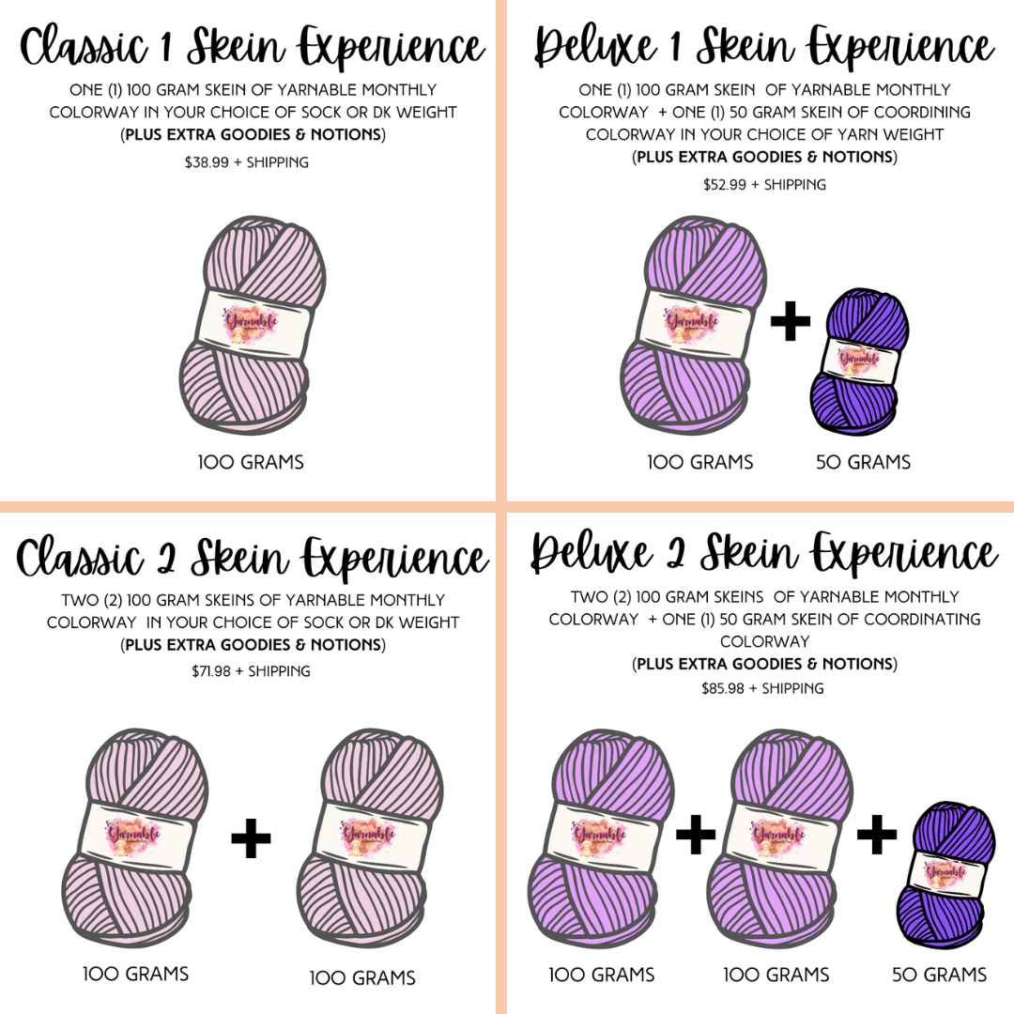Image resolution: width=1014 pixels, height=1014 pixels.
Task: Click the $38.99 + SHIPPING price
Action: point(247,162)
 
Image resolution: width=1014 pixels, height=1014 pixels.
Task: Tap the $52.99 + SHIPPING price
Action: point(764,185)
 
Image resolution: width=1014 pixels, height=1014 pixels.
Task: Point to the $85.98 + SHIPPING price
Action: point(762,688)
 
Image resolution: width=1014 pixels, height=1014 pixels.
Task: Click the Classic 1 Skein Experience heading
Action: point(252,47)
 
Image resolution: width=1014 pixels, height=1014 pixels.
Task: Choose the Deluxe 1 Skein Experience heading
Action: point(764,47)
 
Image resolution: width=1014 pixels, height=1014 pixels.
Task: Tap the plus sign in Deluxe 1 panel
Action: point(790,322)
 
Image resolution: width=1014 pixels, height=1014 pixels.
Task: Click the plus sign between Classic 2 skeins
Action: point(251,838)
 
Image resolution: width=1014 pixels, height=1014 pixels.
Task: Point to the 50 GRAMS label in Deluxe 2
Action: point(940,975)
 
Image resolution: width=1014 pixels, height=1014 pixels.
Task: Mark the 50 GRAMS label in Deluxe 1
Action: point(863,462)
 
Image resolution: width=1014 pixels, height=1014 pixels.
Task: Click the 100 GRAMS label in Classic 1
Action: point(251,462)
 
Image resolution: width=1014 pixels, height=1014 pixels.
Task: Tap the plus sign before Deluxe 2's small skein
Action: point(876,835)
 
